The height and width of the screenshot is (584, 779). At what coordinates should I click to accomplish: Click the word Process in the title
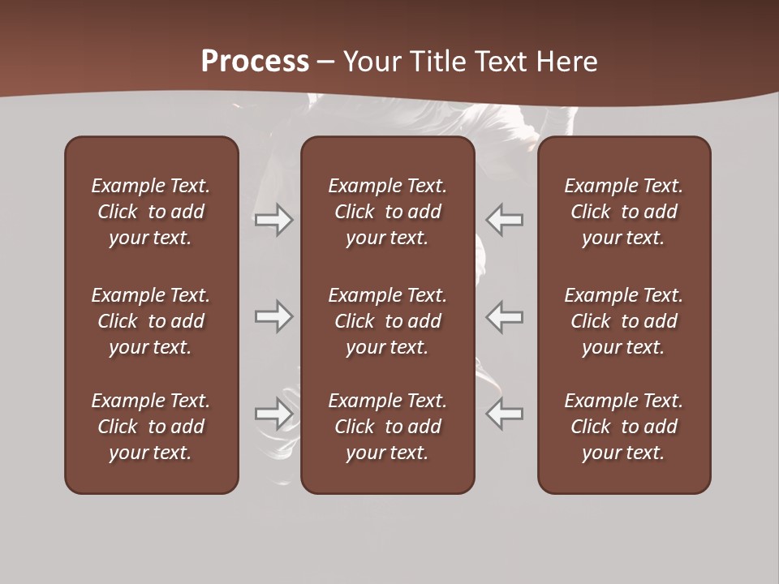(x=255, y=62)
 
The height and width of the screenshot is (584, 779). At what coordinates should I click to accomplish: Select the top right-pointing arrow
(x=274, y=220)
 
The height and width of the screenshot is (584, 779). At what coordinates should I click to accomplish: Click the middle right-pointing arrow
(x=274, y=316)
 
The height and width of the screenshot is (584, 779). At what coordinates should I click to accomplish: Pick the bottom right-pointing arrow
(x=274, y=414)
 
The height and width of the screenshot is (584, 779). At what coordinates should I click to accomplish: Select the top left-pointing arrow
(x=505, y=220)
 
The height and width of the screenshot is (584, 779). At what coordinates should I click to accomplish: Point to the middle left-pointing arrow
(x=505, y=316)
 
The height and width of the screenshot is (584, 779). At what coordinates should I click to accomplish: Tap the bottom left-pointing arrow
(x=505, y=414)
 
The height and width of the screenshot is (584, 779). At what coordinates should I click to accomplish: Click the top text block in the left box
(x=151, y=212)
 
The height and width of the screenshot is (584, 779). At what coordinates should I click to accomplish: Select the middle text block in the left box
(x=151, y=321)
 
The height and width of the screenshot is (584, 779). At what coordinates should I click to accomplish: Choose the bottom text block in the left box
(x=151, y=427)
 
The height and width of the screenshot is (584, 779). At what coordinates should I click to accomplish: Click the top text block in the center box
(x=388, y=212)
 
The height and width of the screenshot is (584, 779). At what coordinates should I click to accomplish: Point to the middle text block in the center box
(x=388, y=321)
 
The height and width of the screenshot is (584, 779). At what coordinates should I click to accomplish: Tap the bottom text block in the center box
(x=388, y=427)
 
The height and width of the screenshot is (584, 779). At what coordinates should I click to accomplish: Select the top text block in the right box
(x=624, y=212)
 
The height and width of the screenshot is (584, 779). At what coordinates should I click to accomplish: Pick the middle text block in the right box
(x=624, y=321)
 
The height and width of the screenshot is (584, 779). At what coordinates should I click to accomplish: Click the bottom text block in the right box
(x=624, y=427)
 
